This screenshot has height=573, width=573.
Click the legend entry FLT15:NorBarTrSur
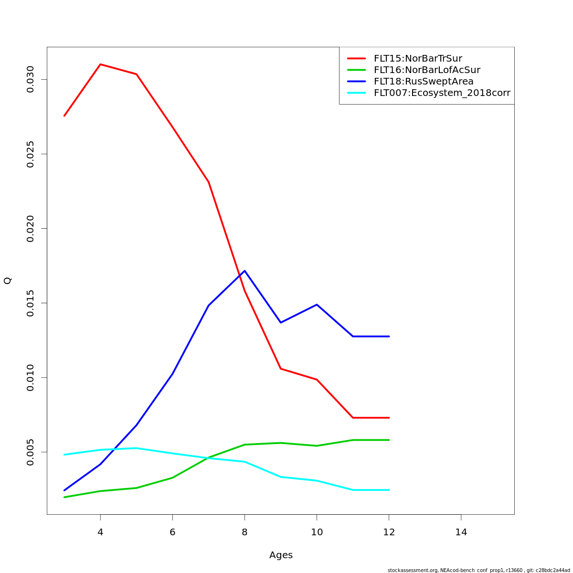point(418,59)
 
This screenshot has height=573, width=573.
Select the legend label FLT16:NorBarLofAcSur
point(427,70)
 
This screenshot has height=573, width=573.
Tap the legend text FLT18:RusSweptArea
point(424,82)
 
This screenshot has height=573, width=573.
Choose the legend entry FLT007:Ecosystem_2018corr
point(442,93)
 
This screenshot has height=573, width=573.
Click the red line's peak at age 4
point(100,64)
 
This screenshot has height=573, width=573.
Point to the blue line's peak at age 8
point(244,271)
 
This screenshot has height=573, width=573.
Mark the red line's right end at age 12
point(389,418)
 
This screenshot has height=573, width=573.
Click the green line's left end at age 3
point(64,497)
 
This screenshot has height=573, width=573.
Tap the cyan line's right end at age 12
point(389,490)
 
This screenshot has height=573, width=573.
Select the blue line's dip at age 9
point(281,323)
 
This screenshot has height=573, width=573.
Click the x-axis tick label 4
point(100,532)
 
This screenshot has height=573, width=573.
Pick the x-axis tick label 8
point(244,532)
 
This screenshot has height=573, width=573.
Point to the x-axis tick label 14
point(461,532)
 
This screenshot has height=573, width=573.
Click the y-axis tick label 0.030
point(31,79)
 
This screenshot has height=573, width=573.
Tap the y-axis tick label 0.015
point(31,303)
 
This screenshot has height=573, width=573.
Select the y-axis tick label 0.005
point(31,452)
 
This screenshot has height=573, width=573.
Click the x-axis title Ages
point(281,555)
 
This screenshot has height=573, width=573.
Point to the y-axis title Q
point(8,281)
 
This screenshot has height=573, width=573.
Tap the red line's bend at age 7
point(209,182)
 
